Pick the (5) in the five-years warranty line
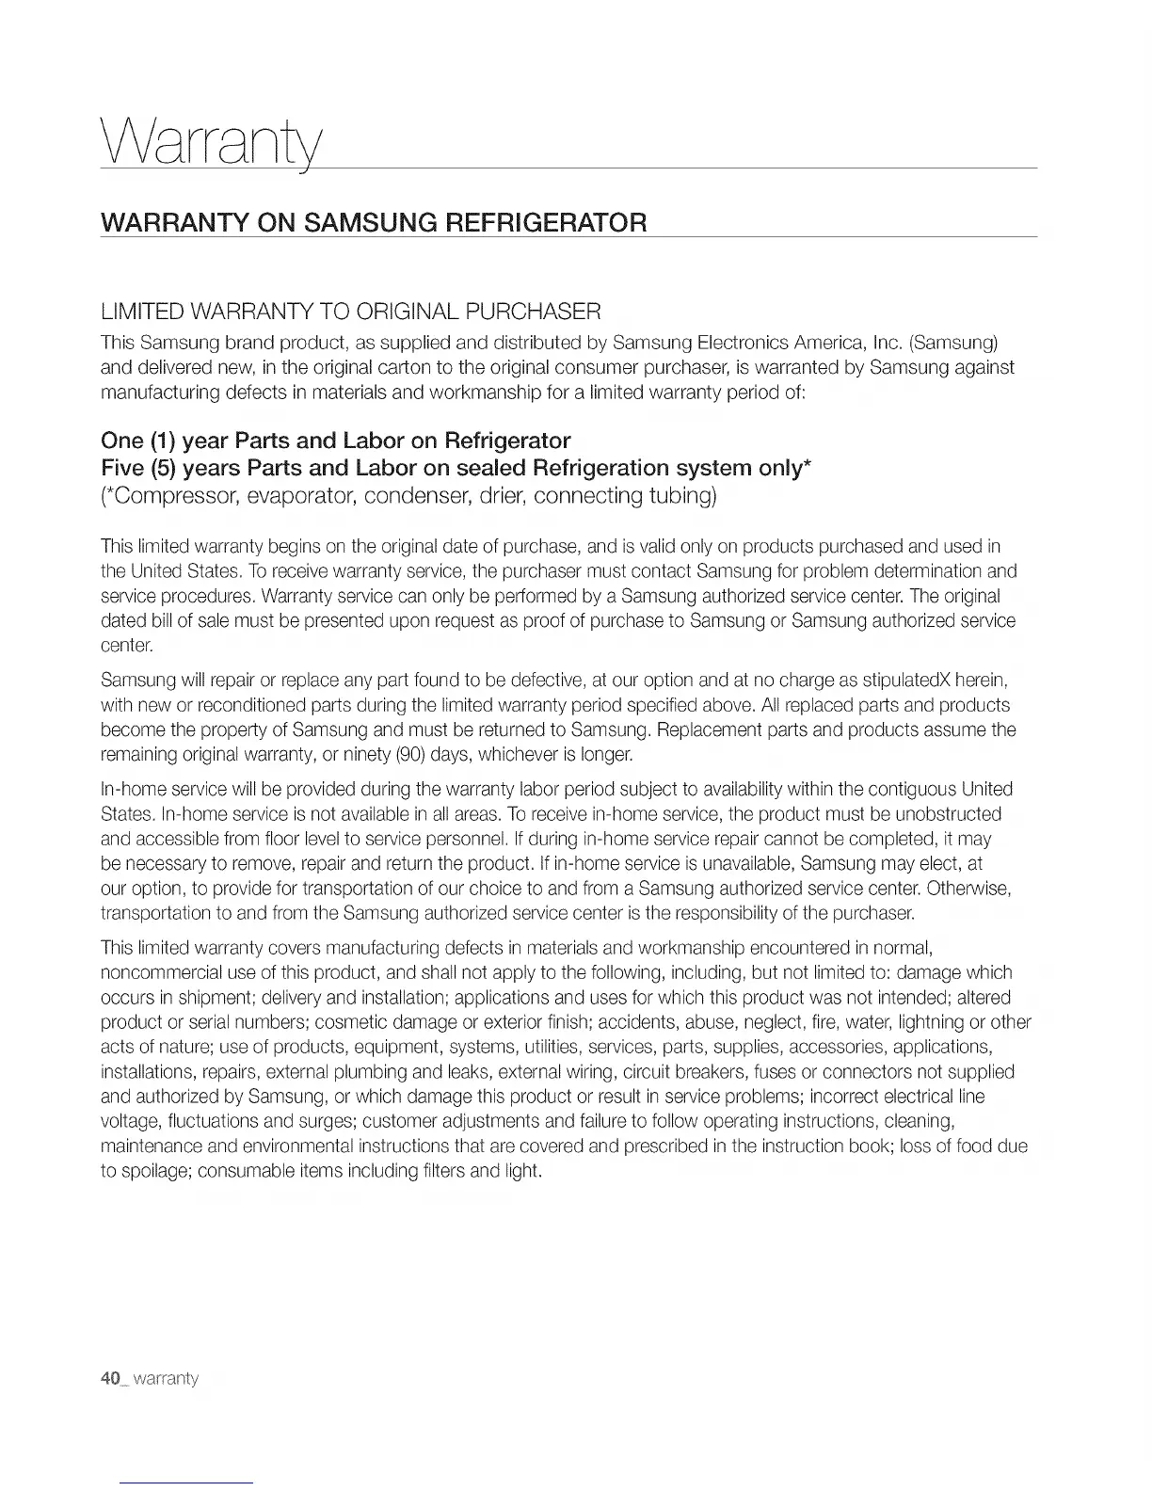pyautogui.click(x=162, y=468)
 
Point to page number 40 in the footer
pyautogui.click(x=112, y=1379)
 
